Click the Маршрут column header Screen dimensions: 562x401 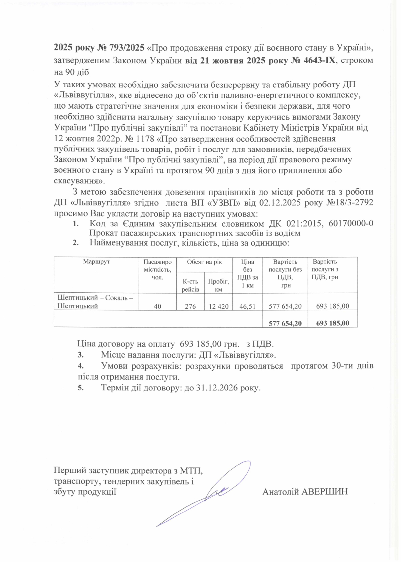pos(96,262)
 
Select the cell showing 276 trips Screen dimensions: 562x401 pos(190,306)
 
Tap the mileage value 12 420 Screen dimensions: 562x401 pos(219,306)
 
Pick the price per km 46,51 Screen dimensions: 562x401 pos(247,306)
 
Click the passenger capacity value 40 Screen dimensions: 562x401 pos(157,306)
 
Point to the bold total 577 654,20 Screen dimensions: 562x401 pos(285,323)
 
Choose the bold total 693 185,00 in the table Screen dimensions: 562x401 pos(333,323)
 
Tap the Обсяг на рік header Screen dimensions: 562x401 pos(204,262)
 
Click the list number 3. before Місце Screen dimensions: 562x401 pos(81,355)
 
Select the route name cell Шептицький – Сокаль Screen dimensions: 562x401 pos(95,302)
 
